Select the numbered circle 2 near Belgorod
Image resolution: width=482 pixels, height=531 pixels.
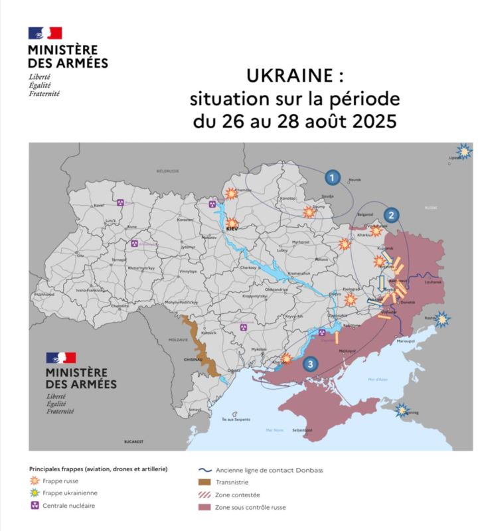[x=392, y=215]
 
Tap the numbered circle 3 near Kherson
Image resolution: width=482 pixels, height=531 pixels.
[x=309, y=364]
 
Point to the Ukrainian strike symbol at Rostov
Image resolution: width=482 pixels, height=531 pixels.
[x=442, y=319]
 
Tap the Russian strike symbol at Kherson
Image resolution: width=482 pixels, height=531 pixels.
[x=286, y=359]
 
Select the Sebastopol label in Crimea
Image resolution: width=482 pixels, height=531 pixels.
[x=302, y=431]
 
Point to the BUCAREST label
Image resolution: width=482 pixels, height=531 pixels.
[x=133, y=441]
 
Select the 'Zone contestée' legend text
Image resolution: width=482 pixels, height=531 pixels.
[x=238, y=495]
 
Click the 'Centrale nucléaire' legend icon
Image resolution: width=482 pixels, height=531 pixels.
[x=35, y=506]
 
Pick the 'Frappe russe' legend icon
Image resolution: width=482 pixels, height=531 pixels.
[x=35, y=481]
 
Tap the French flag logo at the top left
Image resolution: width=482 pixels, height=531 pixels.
[x=44, y=33]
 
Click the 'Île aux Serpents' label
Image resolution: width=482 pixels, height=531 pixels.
[x=236, y=420]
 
